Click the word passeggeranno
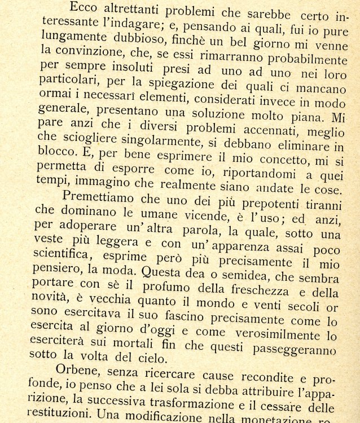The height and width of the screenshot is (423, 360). click(305, 348)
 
